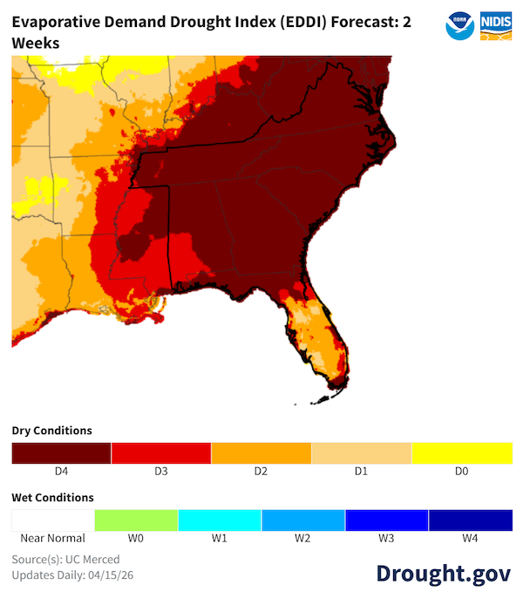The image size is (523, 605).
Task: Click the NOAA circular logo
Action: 459,25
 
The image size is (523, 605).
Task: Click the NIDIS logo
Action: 495,25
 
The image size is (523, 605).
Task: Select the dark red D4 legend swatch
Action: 61,453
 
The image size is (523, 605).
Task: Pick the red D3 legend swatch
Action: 161,453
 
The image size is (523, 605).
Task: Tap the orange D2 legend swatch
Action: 261,453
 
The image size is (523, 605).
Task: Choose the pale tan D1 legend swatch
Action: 362,453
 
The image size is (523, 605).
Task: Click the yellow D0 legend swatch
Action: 462,453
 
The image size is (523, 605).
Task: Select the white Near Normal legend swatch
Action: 52,520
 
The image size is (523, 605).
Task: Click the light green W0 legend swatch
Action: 136,520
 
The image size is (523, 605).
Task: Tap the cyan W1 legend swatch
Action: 220,520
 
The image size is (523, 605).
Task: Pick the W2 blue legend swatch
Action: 303,520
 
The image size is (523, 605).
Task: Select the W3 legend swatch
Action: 387,520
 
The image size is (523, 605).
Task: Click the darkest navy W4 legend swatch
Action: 471,520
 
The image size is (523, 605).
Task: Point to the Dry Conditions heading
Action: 51,431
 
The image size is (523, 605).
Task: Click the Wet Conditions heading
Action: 52,498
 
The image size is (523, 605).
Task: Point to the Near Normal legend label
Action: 52,538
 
